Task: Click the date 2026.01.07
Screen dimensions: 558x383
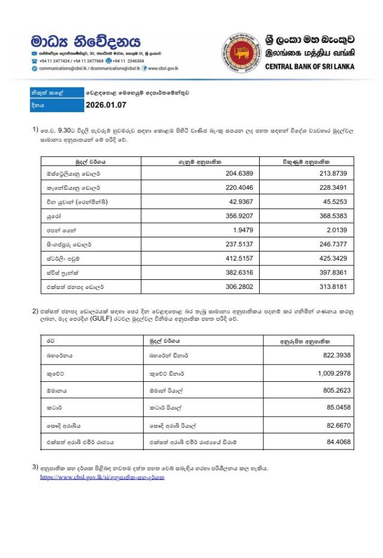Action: coord(107,105)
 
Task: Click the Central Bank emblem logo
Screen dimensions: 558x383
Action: coord(241,53)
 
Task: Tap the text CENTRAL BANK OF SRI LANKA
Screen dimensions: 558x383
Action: coord(309,67)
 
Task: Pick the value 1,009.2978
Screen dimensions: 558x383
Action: coord(332,373)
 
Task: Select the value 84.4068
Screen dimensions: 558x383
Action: coord(337,442)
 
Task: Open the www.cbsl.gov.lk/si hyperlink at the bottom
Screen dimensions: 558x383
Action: coord(102,477)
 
